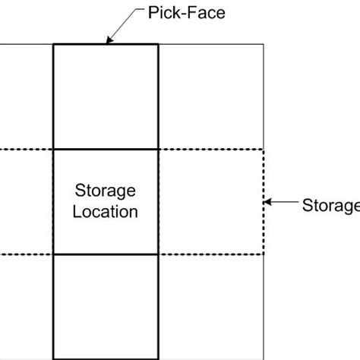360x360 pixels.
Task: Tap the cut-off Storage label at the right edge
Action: (x=330, y=205)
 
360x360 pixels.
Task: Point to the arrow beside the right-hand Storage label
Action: (x=281, y=203)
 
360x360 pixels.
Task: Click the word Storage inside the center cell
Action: (x=105, y=190)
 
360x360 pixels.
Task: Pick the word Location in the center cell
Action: (x=105, y=212)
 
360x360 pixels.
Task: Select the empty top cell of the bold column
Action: (x=105, y=96)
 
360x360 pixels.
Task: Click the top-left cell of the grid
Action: (x=26, y=96)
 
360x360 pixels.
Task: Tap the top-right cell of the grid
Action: (x=210, y=96)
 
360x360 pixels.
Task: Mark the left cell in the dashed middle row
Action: (x=26, y=201)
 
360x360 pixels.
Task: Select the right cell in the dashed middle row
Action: (x=210, y=201)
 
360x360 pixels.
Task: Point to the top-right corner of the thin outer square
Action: (x=263, y=45)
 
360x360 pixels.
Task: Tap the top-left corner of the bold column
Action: (x=53, y=45)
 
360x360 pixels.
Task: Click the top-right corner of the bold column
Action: (x=158, y=45)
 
